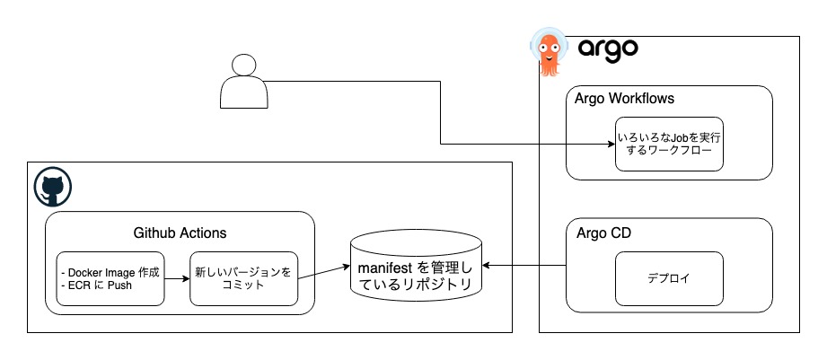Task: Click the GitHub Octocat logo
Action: tap(52, 189)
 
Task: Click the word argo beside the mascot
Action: tap(607, 48)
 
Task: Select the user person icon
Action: tap(243, 82)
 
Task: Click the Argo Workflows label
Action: tap(624, 98)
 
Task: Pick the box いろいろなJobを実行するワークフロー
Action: tap(669, 144)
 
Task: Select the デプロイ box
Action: tap(669, 277)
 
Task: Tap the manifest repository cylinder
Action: tap(416, 267)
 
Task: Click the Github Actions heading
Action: tap(180, 233)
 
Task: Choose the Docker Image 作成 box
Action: tap(110, 278)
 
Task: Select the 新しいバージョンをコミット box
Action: tap(243, 278)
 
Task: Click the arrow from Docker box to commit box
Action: tap(177, 278)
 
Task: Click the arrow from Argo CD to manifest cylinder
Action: tap(525, 266)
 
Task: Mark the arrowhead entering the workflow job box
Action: tap(611, 144)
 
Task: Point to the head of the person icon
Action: tap(243, 65)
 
